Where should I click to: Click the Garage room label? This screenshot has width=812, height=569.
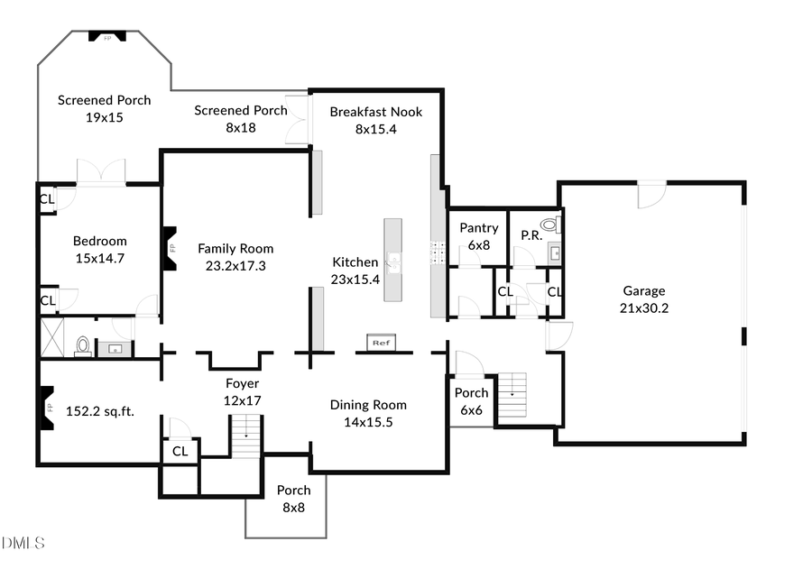tap(644, 299)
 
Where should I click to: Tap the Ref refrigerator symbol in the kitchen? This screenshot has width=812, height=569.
tap(380, 343)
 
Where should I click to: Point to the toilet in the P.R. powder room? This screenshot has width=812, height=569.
tap(549, 225)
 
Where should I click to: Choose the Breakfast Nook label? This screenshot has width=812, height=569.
tap(375, 120)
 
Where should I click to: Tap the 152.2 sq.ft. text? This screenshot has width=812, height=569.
tap(100, 411)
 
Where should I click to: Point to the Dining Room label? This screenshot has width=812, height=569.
tap(367, 413)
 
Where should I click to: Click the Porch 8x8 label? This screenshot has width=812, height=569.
tap(293, 499)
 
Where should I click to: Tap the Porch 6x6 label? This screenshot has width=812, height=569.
tap(471, 400)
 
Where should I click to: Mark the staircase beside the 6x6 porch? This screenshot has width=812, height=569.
tap(512, 395)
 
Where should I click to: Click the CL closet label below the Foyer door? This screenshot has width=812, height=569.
tap(180, 451)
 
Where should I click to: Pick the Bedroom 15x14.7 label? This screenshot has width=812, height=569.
tap(99, 249)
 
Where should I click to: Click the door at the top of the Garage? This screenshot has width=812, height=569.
tap(651, 192)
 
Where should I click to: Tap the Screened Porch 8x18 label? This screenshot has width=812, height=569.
tap(241, 119)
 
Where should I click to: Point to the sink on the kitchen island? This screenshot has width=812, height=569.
tap(393, 262)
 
